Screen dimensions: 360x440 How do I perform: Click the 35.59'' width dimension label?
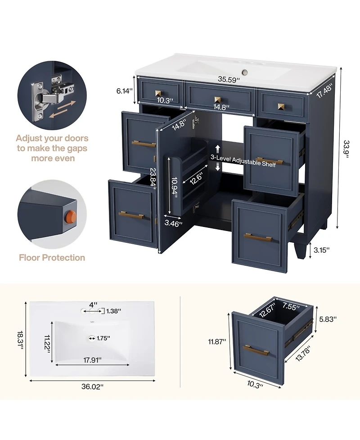click(229, 80)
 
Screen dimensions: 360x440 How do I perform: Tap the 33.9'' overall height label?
click(346, 149)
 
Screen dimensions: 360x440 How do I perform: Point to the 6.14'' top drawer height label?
click(124, 91)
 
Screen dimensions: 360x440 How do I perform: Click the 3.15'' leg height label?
click(322, 250)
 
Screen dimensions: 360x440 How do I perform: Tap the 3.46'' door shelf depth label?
click(173, 223)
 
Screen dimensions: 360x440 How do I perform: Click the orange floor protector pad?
click(72, 217)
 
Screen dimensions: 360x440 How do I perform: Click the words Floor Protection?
click(52, 258)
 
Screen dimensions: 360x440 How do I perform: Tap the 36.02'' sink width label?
click(93, 386)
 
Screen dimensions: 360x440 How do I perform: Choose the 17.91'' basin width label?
click(93, 360)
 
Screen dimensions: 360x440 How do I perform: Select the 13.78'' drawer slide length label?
click(303, 354)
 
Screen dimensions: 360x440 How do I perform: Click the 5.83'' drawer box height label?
click(328, 319)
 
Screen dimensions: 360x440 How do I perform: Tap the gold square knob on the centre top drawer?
click(217, 100)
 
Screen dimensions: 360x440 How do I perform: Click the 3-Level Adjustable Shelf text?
click(243, 161)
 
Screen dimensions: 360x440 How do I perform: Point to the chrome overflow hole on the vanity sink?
click(245, 73)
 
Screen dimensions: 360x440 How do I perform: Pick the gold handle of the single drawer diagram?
click(256, 350)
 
